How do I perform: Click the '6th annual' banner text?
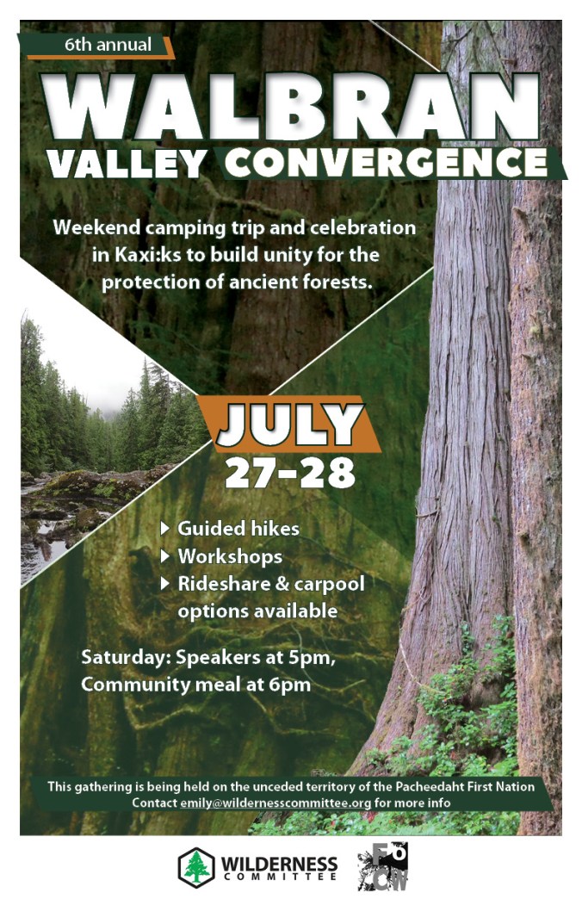[x=108, y=45]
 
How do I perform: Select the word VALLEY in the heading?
[x=127, y=164]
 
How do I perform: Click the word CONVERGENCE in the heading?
[x=386, y=163]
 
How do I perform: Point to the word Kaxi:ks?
[x=148, y=255]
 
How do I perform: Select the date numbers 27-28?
[x=289, y=474]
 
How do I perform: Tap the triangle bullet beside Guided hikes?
[x=165, y=528]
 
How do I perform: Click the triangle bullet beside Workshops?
[x=165, y=555]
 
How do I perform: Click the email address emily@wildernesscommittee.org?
[x=276, y=803]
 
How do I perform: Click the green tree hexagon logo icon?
[x=196, y=867]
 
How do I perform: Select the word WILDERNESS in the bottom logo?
[x=279, y=864]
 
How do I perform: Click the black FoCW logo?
[x=383, y=866]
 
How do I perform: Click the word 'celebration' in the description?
[x=363, y=227]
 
